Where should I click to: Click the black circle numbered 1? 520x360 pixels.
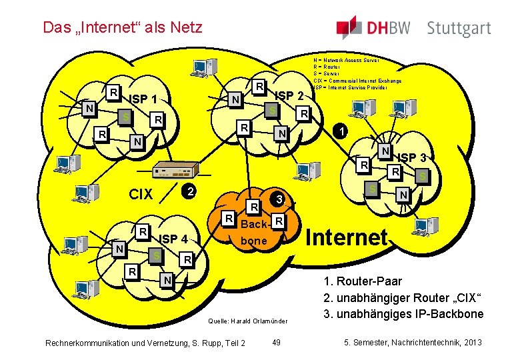[341, 131]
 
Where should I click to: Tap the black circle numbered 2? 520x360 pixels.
[189, 191]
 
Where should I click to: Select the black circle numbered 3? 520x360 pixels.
[280, 199]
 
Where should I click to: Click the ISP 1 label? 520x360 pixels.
[143, 99]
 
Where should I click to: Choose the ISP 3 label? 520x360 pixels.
[416, 158]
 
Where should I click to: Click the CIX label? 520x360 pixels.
[141, 195]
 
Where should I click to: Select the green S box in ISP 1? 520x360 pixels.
[125, 117]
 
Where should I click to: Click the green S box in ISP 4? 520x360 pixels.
[156, 256]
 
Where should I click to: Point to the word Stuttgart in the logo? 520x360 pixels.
[459, 29]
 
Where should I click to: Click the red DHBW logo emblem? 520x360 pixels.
[349, 27]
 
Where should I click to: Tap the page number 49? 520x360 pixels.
[277, 343]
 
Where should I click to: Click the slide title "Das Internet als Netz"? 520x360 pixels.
[122, 27]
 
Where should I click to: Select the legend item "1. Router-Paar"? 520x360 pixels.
[363, 281]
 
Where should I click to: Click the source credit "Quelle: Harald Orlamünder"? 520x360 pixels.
[248, 321]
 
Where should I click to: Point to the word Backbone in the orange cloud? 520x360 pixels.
[253, 232]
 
